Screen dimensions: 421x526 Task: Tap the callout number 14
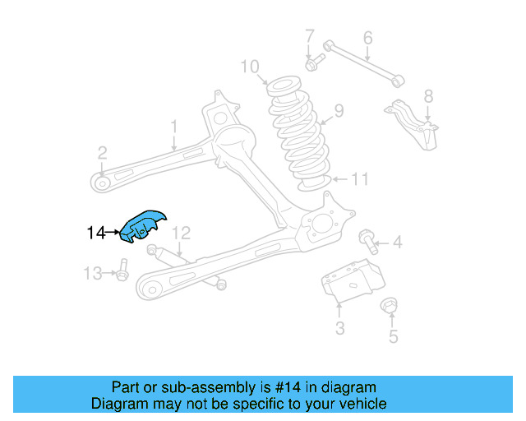click(x=95, y=234)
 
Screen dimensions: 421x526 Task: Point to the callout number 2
click(x=102, y=152)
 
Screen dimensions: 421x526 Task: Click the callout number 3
click(x=339, y=330)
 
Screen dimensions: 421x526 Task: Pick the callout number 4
click(x=397, y=243)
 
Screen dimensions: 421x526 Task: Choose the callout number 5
click(x=393, y=335)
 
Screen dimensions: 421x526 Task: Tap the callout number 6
click(x=367, y=37)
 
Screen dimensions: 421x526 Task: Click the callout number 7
click(x=310, y=36)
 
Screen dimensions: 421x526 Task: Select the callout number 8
click(x=427, y=96)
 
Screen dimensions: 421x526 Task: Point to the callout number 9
click(x=339, y=111)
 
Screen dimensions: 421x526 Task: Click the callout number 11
click(x=361, y=179)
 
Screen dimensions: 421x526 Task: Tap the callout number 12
click(x=182, y=233)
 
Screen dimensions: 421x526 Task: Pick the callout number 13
click(x=94, y=272)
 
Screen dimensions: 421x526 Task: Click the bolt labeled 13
click(x=122, y=271)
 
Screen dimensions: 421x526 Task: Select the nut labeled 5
click(x=391, y=308)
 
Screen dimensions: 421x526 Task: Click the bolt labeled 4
click(x=369, y=241)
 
